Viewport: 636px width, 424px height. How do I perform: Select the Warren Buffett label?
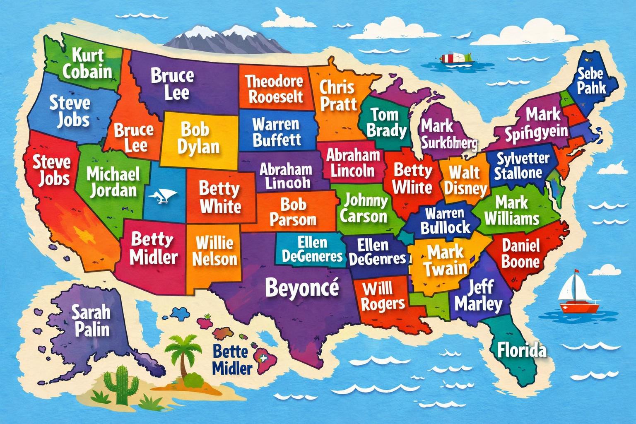tap(276, 132)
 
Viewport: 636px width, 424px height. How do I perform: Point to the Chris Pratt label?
tap(337, 95)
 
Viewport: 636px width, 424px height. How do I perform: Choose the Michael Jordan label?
tap(113, 182)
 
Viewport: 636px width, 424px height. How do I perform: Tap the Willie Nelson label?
tap(214, 251)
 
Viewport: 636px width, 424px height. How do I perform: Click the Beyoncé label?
tap(302, 287)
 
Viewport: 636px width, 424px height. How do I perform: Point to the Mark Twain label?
tap(445, 260)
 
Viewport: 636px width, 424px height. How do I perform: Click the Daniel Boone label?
tap(520, 253)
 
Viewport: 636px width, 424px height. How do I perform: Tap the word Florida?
tap(522, 350)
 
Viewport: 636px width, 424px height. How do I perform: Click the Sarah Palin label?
tap(91, 320)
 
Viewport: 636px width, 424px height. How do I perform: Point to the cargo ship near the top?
tap(456, 58)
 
